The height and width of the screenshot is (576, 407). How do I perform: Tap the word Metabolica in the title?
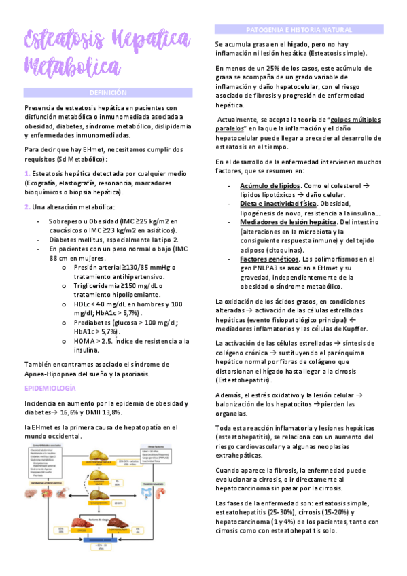pos(71,67)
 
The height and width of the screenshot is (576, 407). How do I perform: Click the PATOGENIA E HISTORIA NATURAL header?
pos(298,31)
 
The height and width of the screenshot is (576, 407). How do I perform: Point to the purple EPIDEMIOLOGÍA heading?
pos(50,387)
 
